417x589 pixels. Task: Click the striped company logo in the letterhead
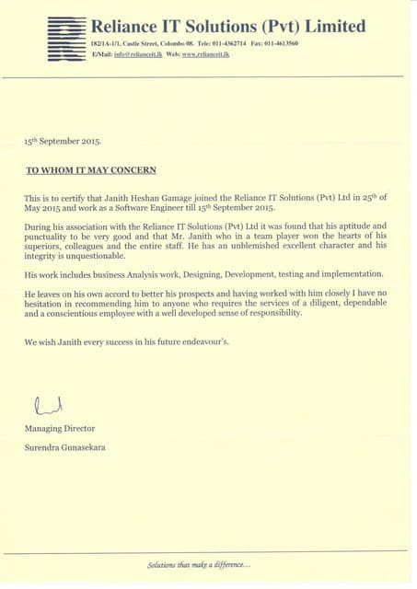click(66, 39)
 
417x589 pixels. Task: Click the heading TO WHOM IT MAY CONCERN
click(90, 170)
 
